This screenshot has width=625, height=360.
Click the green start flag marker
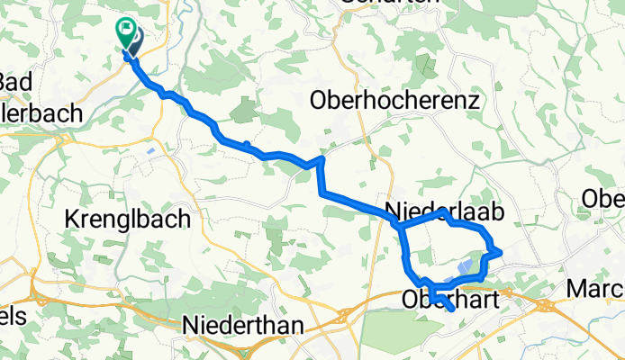click(123, 31)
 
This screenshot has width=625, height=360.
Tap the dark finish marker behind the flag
click(133, 39)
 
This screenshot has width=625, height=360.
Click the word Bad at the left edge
click(16, 82)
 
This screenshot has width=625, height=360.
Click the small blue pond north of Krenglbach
click(149, 150)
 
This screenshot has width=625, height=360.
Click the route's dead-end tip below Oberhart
click(450, 310)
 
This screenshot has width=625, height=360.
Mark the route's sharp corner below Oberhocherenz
click(320, 160)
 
